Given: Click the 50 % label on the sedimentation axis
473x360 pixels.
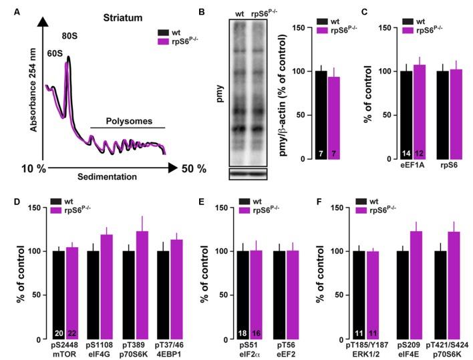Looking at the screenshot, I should (194, 168).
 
